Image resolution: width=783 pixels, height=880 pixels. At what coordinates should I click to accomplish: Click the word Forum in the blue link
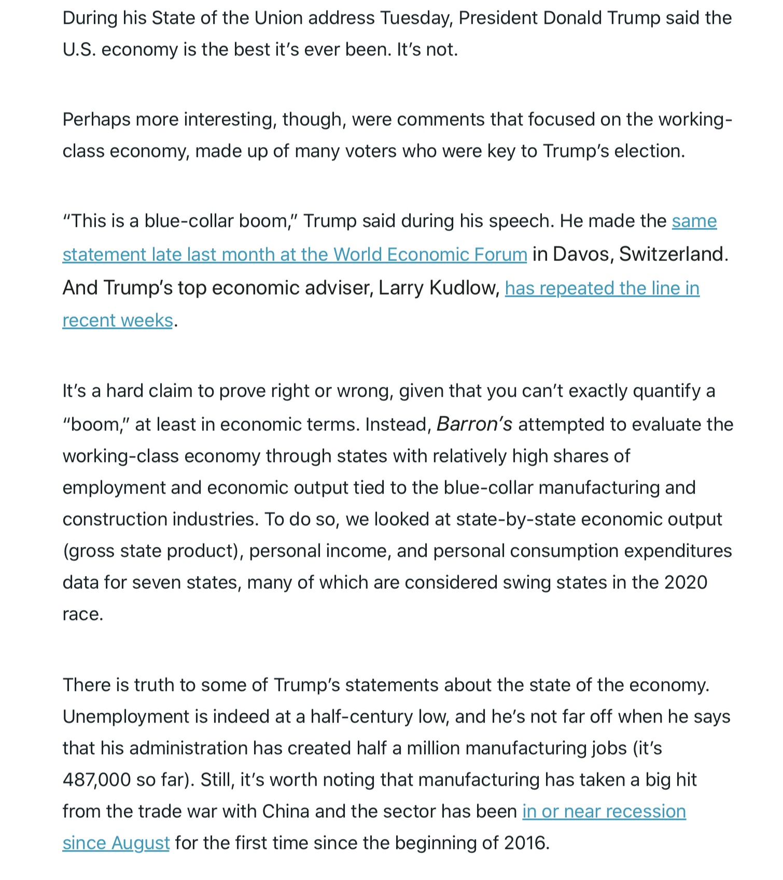500,255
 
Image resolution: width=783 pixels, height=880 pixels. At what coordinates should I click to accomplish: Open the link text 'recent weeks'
118,321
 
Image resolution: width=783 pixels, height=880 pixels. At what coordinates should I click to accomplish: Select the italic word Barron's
474,425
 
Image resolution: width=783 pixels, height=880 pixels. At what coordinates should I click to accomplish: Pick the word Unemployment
126,717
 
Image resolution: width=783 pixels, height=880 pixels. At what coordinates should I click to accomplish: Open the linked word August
141,843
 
